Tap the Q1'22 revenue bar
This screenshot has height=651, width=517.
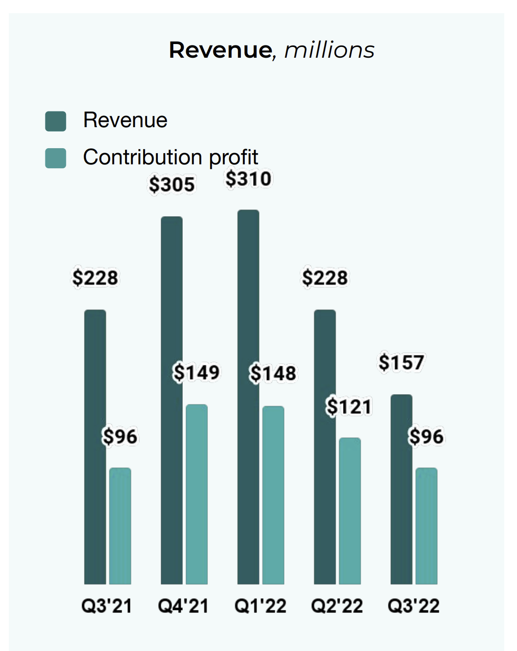tap(248, 397)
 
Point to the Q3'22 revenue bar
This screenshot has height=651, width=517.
tap(401, 489)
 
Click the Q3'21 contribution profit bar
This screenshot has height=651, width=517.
tap(120, 526)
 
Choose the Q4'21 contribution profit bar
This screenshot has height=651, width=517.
tap(196, 494)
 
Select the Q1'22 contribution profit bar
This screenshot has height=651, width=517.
tap(273, 495)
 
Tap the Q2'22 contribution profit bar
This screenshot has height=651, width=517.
tap(350, 511)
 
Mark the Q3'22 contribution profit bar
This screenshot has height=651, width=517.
tap(427, 526)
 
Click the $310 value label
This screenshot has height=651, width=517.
tap(248, 179)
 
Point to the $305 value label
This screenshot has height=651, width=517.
tap(172, 185)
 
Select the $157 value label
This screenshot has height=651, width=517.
tap(401, 363)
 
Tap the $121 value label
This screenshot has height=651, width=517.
tap(349, 407)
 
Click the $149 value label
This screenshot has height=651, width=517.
tap(196, 373)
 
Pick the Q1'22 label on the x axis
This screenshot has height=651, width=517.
tap(260, 606)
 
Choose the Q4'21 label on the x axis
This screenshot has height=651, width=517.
tap(183, 606)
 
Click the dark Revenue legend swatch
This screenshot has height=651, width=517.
tap(56, 121)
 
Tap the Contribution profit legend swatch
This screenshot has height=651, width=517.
tap(56, 158)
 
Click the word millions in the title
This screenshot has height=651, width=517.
tap(329, 50)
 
